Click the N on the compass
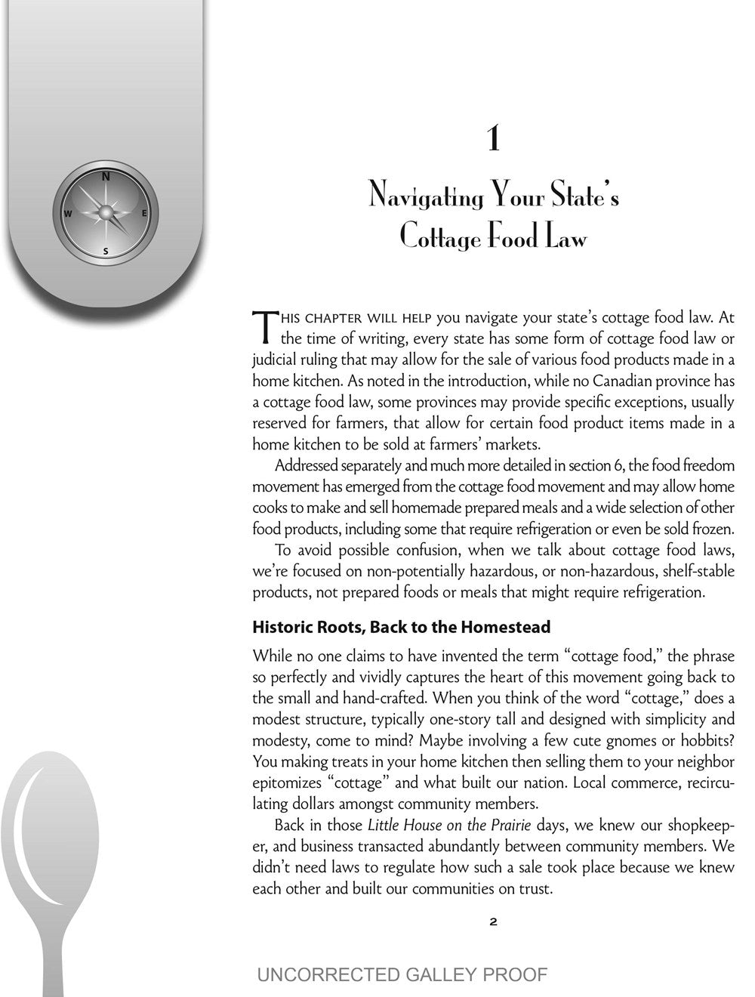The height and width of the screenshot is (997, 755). point(106,177)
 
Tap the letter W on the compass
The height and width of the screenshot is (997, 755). point(68,214)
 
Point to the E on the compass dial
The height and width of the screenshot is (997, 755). point(144,213)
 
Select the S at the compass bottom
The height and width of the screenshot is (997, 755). point(106,251)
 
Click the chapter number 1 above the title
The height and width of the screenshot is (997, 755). point(493,140)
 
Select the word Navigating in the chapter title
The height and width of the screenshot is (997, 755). point(426,197)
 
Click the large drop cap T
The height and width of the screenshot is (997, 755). point(265,325)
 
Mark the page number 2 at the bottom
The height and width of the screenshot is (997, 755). point(493,921)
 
